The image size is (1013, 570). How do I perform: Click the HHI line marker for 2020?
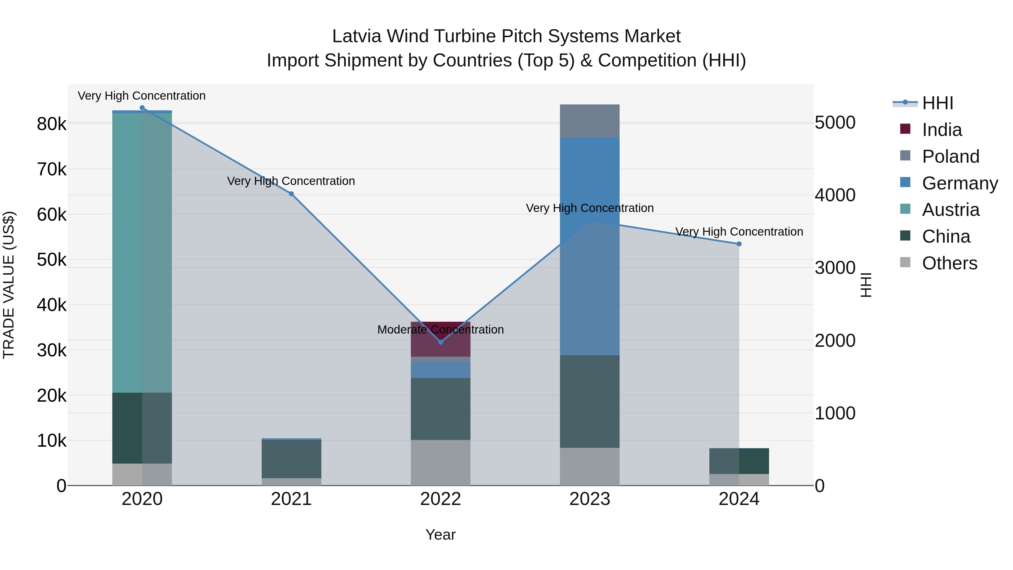(142, 108)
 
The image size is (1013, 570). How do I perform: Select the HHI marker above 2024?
(739, 244)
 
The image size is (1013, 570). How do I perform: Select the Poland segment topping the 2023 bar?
(590, 121)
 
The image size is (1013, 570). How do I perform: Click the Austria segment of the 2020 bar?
(142, 252)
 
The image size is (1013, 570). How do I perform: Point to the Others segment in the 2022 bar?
(440, 462)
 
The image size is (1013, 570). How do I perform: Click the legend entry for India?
(942, 130)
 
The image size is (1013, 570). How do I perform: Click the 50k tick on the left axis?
(51, 260)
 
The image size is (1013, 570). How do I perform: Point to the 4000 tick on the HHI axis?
(835, 195)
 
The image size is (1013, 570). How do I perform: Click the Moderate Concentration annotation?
(440, 330)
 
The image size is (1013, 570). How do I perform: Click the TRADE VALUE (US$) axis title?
(9, 285)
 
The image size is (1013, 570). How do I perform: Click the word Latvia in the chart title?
(356, 36)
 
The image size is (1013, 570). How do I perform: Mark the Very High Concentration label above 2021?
(291, 181)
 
